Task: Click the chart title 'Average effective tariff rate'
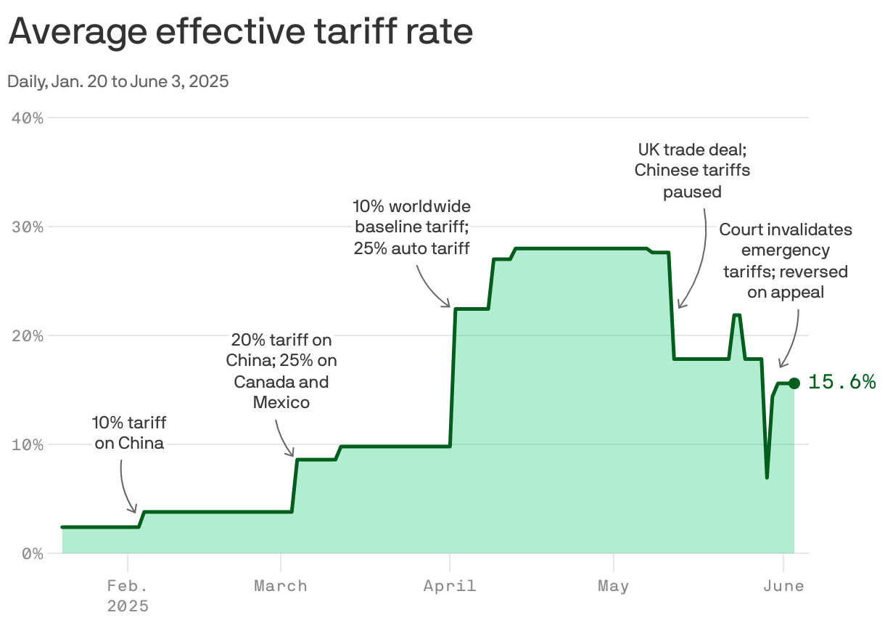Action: tap(240, 32)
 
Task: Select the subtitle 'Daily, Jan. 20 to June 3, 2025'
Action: tap(118, 81)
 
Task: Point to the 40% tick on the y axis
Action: tap(28, 118)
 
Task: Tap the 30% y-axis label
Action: tap(28, 227)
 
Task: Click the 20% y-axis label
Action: tap(28, 335)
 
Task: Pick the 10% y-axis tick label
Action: tap(28, 444)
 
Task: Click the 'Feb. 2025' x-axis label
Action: tap(128, 595)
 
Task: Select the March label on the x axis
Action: tap(281, 586)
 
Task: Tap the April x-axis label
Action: tap(450, 586)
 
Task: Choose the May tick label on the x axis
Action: tap(614, 586)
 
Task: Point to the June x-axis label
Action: tap(783, 586)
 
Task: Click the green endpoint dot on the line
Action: tap(794, 383)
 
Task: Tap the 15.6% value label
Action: tap(841, 382)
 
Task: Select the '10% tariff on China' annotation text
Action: tap(129, 433)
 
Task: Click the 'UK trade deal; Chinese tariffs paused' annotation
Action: tap(692, 171)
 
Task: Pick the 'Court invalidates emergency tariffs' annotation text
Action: tap(785, 261)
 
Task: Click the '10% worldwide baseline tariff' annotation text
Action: tap(411, 227)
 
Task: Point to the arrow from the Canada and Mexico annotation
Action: tap(287, 436)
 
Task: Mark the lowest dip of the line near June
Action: tap(767, 477)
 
